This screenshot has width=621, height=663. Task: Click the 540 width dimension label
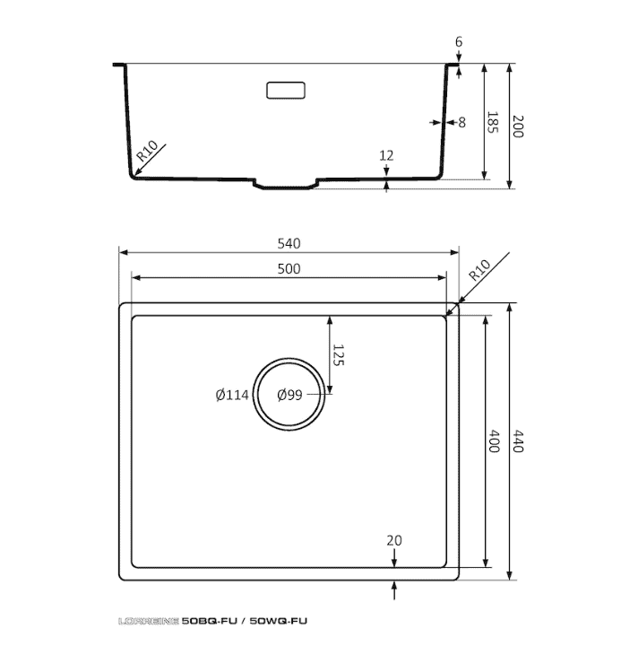tap(289, 243)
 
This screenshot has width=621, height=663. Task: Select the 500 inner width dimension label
tap(289, 269)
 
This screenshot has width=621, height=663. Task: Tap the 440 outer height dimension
tap(518, 441)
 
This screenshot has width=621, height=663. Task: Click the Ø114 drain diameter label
tap(232, 395)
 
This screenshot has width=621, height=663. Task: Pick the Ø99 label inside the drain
tap(289, 395)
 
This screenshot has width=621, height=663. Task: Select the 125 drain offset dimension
tap(339, 355)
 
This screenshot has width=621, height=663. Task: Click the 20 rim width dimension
tap(394, 540)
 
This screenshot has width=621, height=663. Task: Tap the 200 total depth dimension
tap(518, 126)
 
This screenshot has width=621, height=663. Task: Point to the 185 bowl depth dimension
tap(493, 122)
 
